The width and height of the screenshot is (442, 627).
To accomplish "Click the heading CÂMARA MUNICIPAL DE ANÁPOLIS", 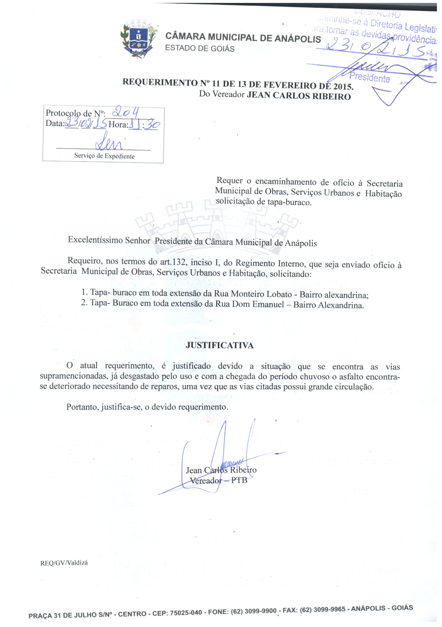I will coord(243,38).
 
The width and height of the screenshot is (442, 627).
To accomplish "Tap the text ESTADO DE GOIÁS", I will coord(200,49).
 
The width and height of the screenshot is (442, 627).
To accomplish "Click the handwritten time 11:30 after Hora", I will coord(145,124).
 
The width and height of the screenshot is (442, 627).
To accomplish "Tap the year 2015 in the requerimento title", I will coord(342,86).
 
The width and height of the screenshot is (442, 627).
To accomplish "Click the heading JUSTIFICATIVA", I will coord(220,345).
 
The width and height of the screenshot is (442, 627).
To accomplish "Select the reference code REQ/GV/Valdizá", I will coord(64,563).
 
